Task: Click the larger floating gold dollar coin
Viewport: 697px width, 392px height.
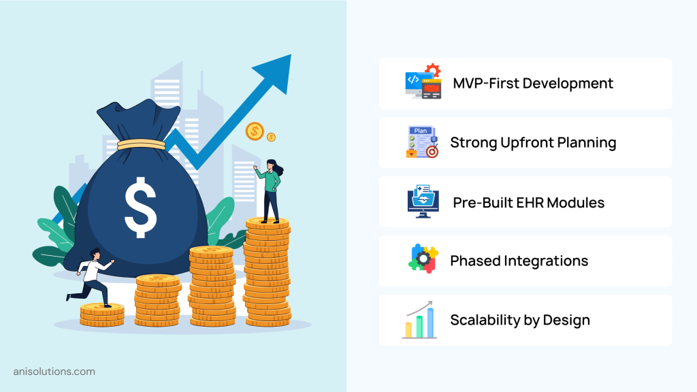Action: pos(255,131)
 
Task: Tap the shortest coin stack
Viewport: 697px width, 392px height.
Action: pos(102,314)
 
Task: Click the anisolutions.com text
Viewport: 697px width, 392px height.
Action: pos(54,372)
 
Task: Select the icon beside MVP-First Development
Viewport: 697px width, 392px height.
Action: pos(423,83)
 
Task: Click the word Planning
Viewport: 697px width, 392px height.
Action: pos(583,143)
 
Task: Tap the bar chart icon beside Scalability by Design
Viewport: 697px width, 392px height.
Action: pos(420,320)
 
